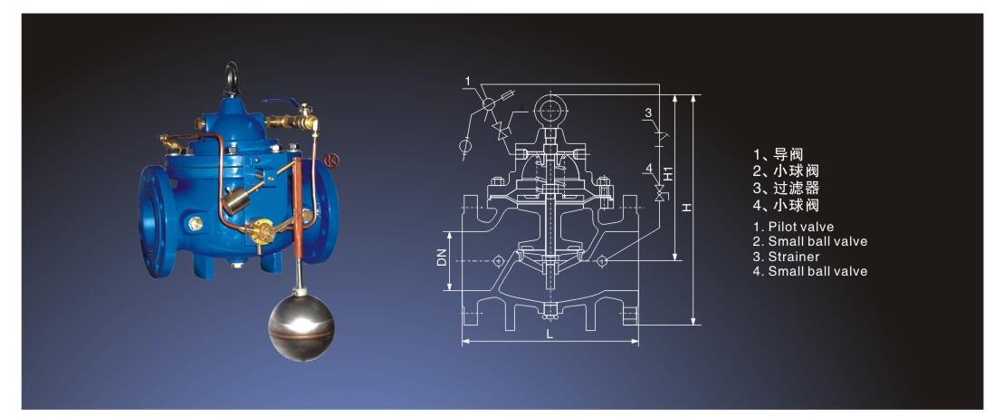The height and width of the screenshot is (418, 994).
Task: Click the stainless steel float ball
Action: click(x=301, y=326)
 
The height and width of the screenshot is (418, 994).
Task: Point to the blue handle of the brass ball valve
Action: click(x=281, y=102)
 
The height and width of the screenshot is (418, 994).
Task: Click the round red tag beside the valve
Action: click(x=330, y=160)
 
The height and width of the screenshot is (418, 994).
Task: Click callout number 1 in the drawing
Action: click(x=467, y=81)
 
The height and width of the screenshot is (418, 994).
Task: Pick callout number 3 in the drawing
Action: click(x=648, y=113)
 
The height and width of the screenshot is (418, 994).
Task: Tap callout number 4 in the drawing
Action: click(x=648, y=168)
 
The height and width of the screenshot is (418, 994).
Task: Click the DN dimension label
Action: click(x=443, y=257)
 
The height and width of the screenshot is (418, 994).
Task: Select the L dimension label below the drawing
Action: click(x=550, y=336)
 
